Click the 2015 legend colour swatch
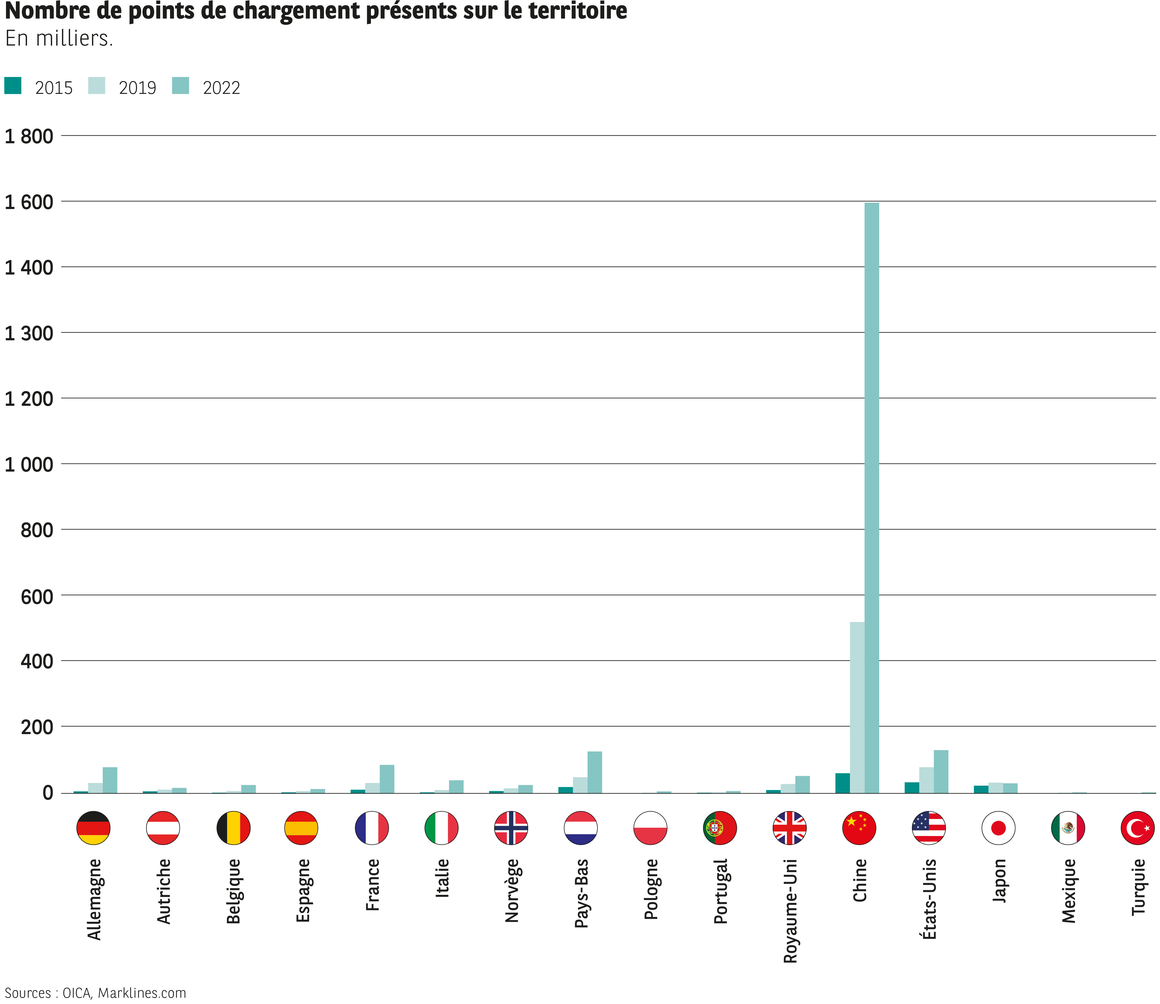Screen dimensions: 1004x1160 pos(13,86)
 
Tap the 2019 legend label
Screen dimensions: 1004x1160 pos(137,88)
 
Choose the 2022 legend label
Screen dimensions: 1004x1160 pos(221,88)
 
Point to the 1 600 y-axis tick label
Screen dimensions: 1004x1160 pos(29,202)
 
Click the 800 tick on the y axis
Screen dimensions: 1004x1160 pos(37,530)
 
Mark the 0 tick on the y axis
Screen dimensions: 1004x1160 pos(48,793)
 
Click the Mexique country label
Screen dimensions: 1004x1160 pos(1069,891)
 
